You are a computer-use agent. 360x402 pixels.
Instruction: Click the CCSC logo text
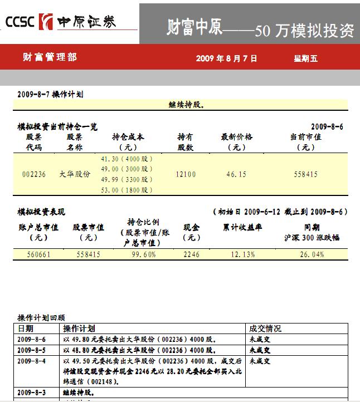pos(20,22)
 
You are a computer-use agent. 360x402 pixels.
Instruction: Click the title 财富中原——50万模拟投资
pos(260,30)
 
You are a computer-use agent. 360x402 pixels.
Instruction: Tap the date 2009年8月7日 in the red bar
pos(226,58)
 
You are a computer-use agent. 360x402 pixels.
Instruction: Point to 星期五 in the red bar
pos(305,58)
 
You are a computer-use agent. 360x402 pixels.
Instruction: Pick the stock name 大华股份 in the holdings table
pos(75,174)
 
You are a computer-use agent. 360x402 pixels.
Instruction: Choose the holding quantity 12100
pos(186,174)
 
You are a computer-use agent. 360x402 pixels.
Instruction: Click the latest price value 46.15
pos(236,174)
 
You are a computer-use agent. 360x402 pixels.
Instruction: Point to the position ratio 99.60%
pos(144,254)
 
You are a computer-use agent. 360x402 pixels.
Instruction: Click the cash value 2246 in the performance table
pos(191,254)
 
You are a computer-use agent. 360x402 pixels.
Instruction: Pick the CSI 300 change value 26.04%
pos(312,254)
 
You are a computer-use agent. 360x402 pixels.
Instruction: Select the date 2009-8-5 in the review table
pos(32,350)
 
